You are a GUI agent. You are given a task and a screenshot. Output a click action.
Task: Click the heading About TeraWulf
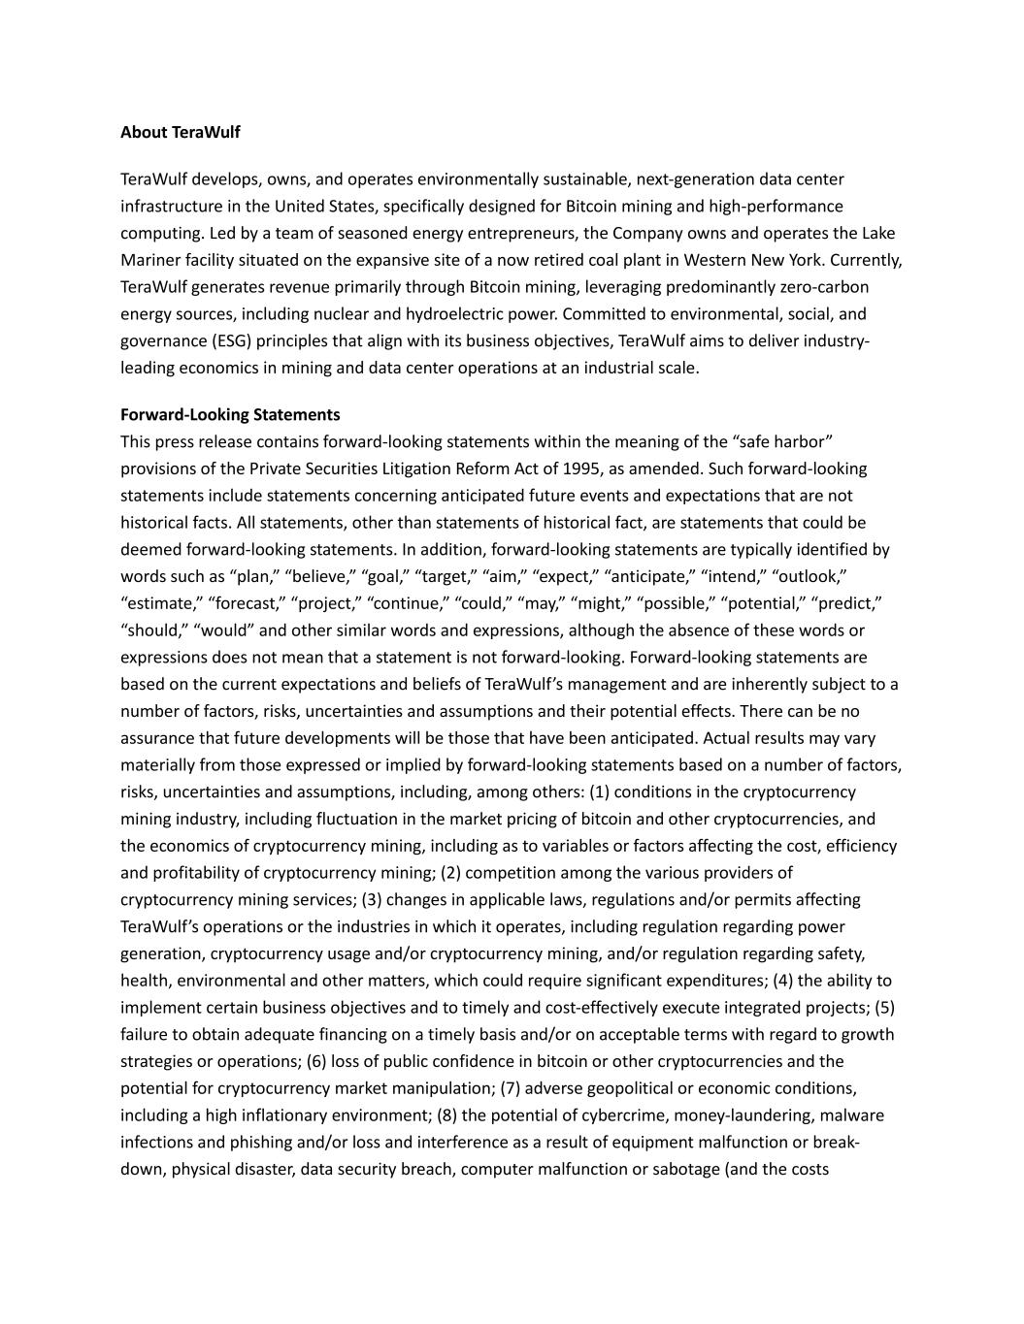(x=180, y=132)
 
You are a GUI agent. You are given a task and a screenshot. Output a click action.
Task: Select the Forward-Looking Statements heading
(x=230, y=414)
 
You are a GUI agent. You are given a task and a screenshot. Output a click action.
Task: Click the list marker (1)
(x=599, y=791)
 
